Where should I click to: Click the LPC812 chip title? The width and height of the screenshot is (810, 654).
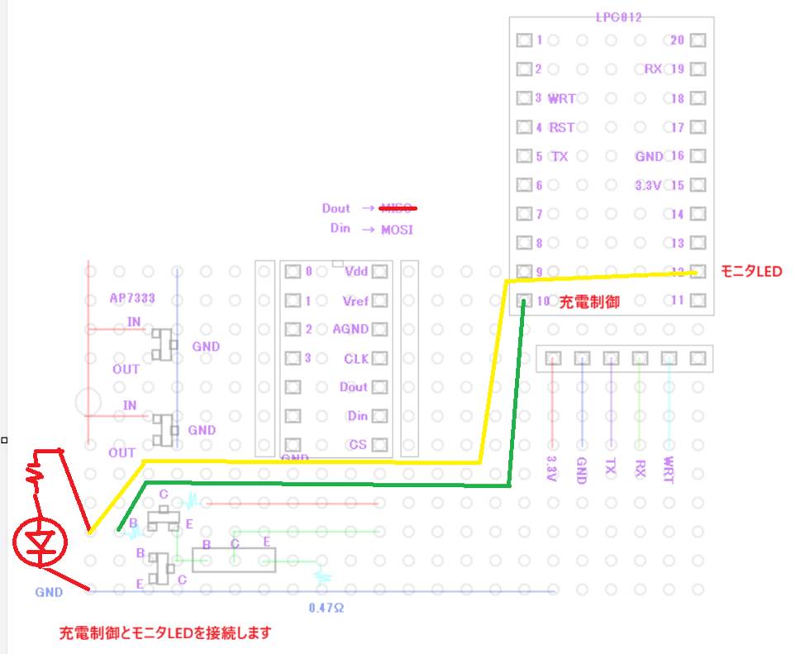pyautogui.click(x=618, y=17)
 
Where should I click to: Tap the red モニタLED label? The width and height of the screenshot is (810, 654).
pyautogui.click(x=750, y=271)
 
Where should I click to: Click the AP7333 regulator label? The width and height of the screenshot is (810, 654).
pyautogui.click(x=132, y=298)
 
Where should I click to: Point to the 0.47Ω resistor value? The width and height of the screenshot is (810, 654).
pyautogui.click(x=326, y=608)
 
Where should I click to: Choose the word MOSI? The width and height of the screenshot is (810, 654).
pyautogui.click(x=397, y=229)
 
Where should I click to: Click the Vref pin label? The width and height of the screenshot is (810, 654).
pyautogui.click(x=355, y=301)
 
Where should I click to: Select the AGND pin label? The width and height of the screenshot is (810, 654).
pyautogui.click(x=350, y=329)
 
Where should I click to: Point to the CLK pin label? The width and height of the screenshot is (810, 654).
pyautogui.click(x=356, y=359)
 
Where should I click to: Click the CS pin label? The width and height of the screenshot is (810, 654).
pyautogui.click(x=358, y=445)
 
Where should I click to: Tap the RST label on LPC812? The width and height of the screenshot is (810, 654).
pyautogui.click(x=562, y=127)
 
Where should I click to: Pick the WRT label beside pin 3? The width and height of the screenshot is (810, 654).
pyautogui.click(x=562, y=98)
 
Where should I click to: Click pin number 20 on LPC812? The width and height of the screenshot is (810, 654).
pyautogui.click(x=677, y=40)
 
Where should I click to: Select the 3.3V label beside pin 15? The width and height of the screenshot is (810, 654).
pyautogui.click(x=648, y=185)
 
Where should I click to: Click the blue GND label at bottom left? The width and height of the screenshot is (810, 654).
pyautogui.click(x=48, y=592)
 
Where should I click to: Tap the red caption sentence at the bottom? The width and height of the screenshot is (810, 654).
pyautogui.click(x=165, y=634)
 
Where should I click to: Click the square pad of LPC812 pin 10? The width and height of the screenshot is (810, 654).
pyautogui.click(x=524, y=300)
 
